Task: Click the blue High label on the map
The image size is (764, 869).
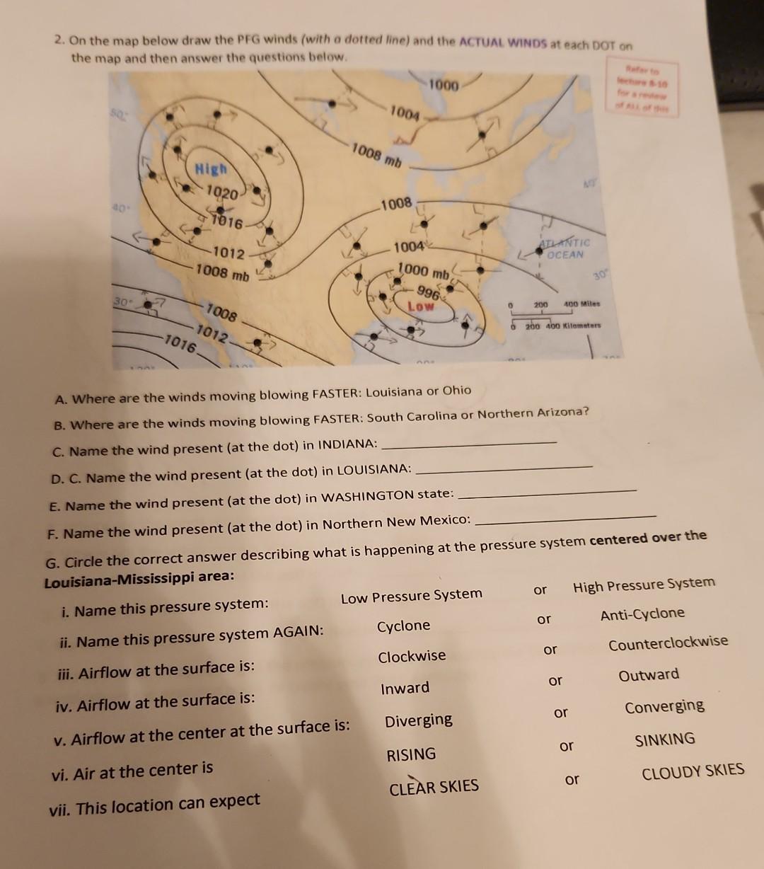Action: [212, 169]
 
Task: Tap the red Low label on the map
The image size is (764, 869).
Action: [420, 306]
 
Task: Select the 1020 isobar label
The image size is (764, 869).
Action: [222, 192]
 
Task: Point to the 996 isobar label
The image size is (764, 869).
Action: [427, 291]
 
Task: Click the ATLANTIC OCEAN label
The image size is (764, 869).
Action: [563, 249]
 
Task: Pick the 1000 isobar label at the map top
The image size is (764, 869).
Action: [444, 86]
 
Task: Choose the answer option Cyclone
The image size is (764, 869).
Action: [403, 626]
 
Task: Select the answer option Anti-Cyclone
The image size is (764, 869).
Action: [642, 614]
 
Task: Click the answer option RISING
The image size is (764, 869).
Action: [412, 754]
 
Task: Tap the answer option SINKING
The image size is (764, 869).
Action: [665, 739]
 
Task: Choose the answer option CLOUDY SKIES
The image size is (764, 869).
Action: [693, 771]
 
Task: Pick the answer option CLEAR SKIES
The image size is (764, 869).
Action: [434, 787]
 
